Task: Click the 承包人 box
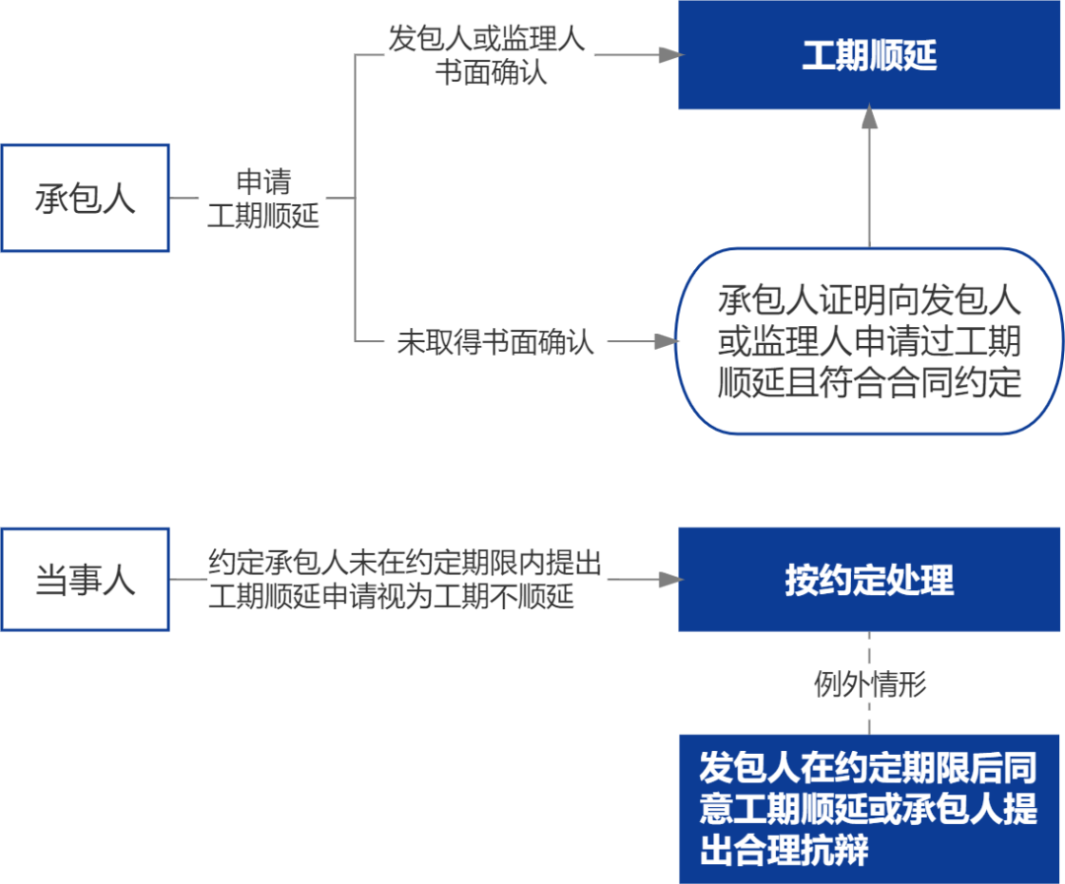click(x=85, y=198)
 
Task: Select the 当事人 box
click(x=85, y=579)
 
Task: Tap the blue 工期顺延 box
click(x=869, y=55)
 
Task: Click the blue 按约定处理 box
click(x=869, y=579)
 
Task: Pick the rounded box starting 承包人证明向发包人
click(x=869, y=341)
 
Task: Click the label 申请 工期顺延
click(x=263, y=199)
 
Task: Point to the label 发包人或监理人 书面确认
click(x=486, y=56)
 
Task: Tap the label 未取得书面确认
click(x=495, y=342)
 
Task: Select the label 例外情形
click(x=870, y=684)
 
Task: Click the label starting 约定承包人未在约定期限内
click(x=404, y=579)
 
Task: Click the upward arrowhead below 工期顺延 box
click(x=869, y=118)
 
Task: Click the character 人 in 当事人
click(x=118, y=579)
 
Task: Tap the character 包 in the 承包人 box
click(x=85, y=198)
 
